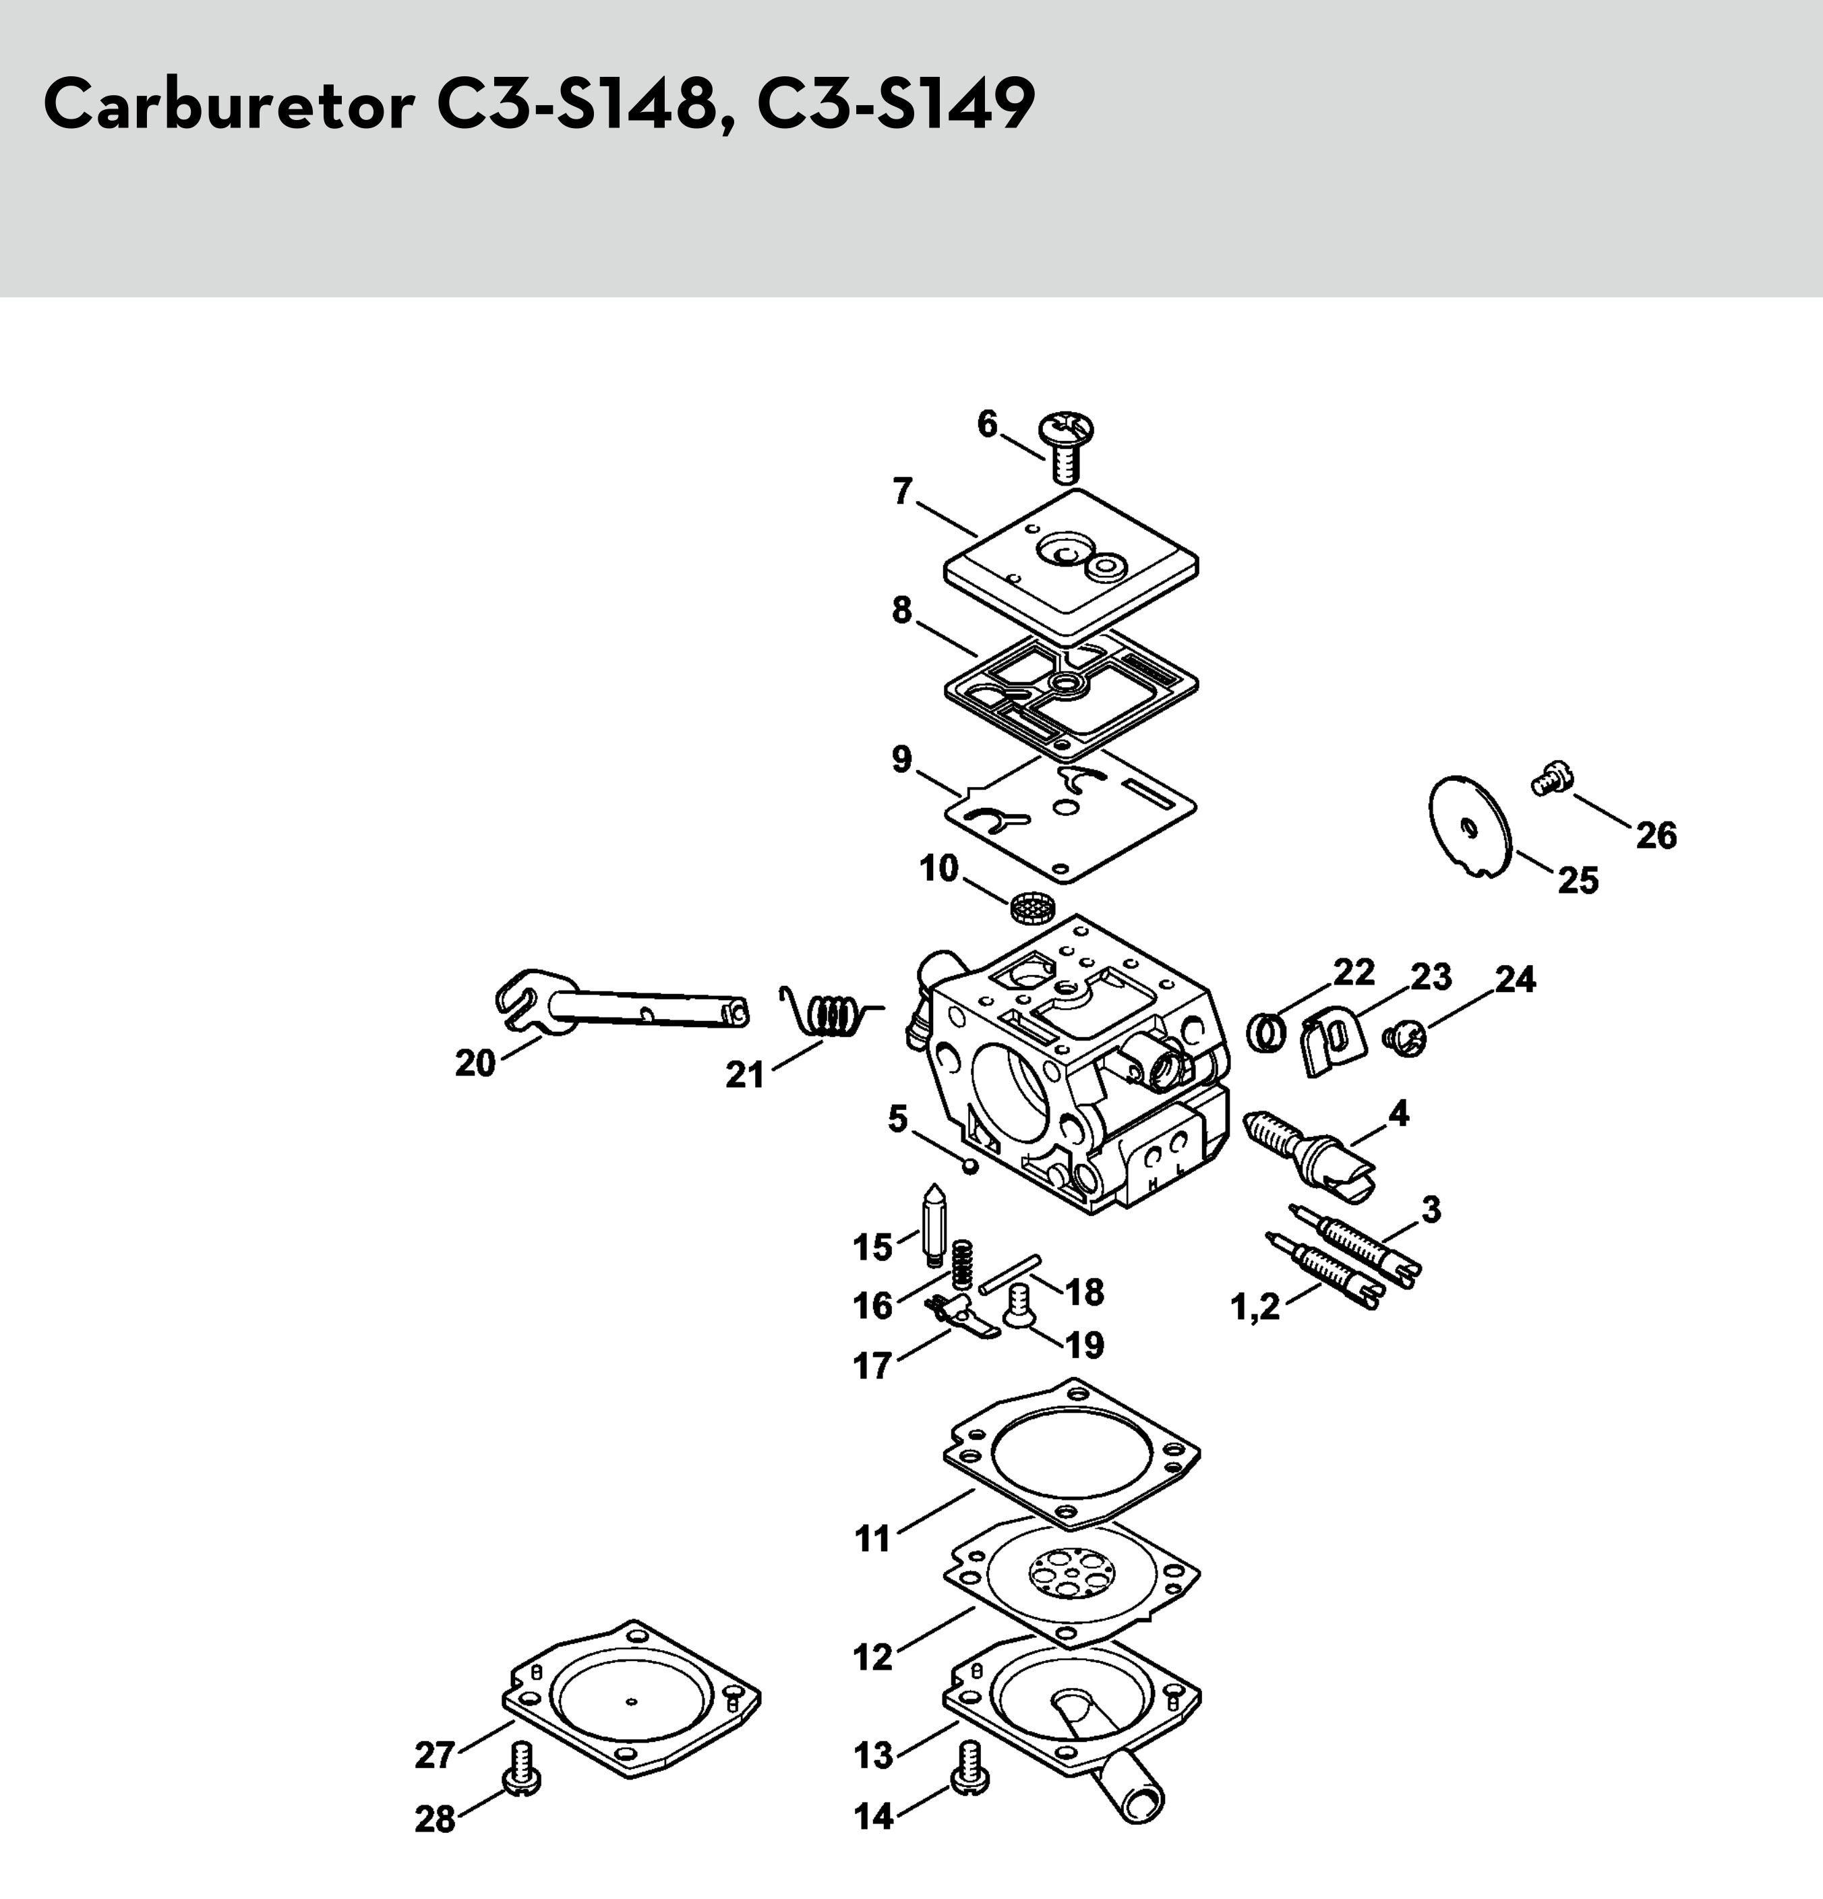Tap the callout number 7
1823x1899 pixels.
pyautogui.click(x=903, y=493)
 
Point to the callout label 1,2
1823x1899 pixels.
pyautogui.click(x=1255, y=1309)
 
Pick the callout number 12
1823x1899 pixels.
pyautogui.click(x=873, y=1658)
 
